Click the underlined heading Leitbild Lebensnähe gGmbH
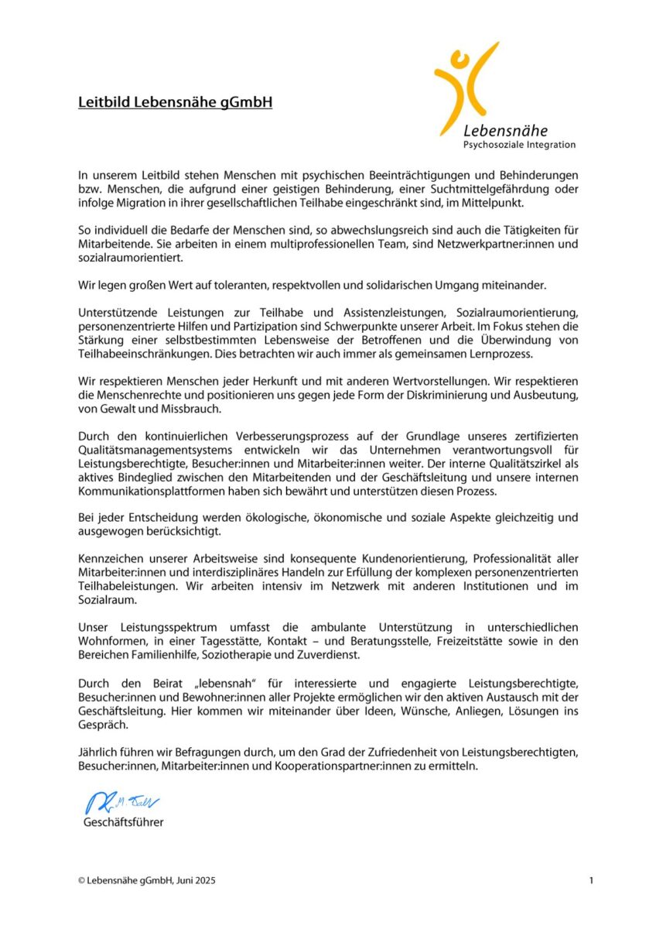pyautogui.click(x=175, y=102)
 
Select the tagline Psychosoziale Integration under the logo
pyautogui.click(x=519, y=145)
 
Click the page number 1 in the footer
pyautogui.click(x=591, y=880)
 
